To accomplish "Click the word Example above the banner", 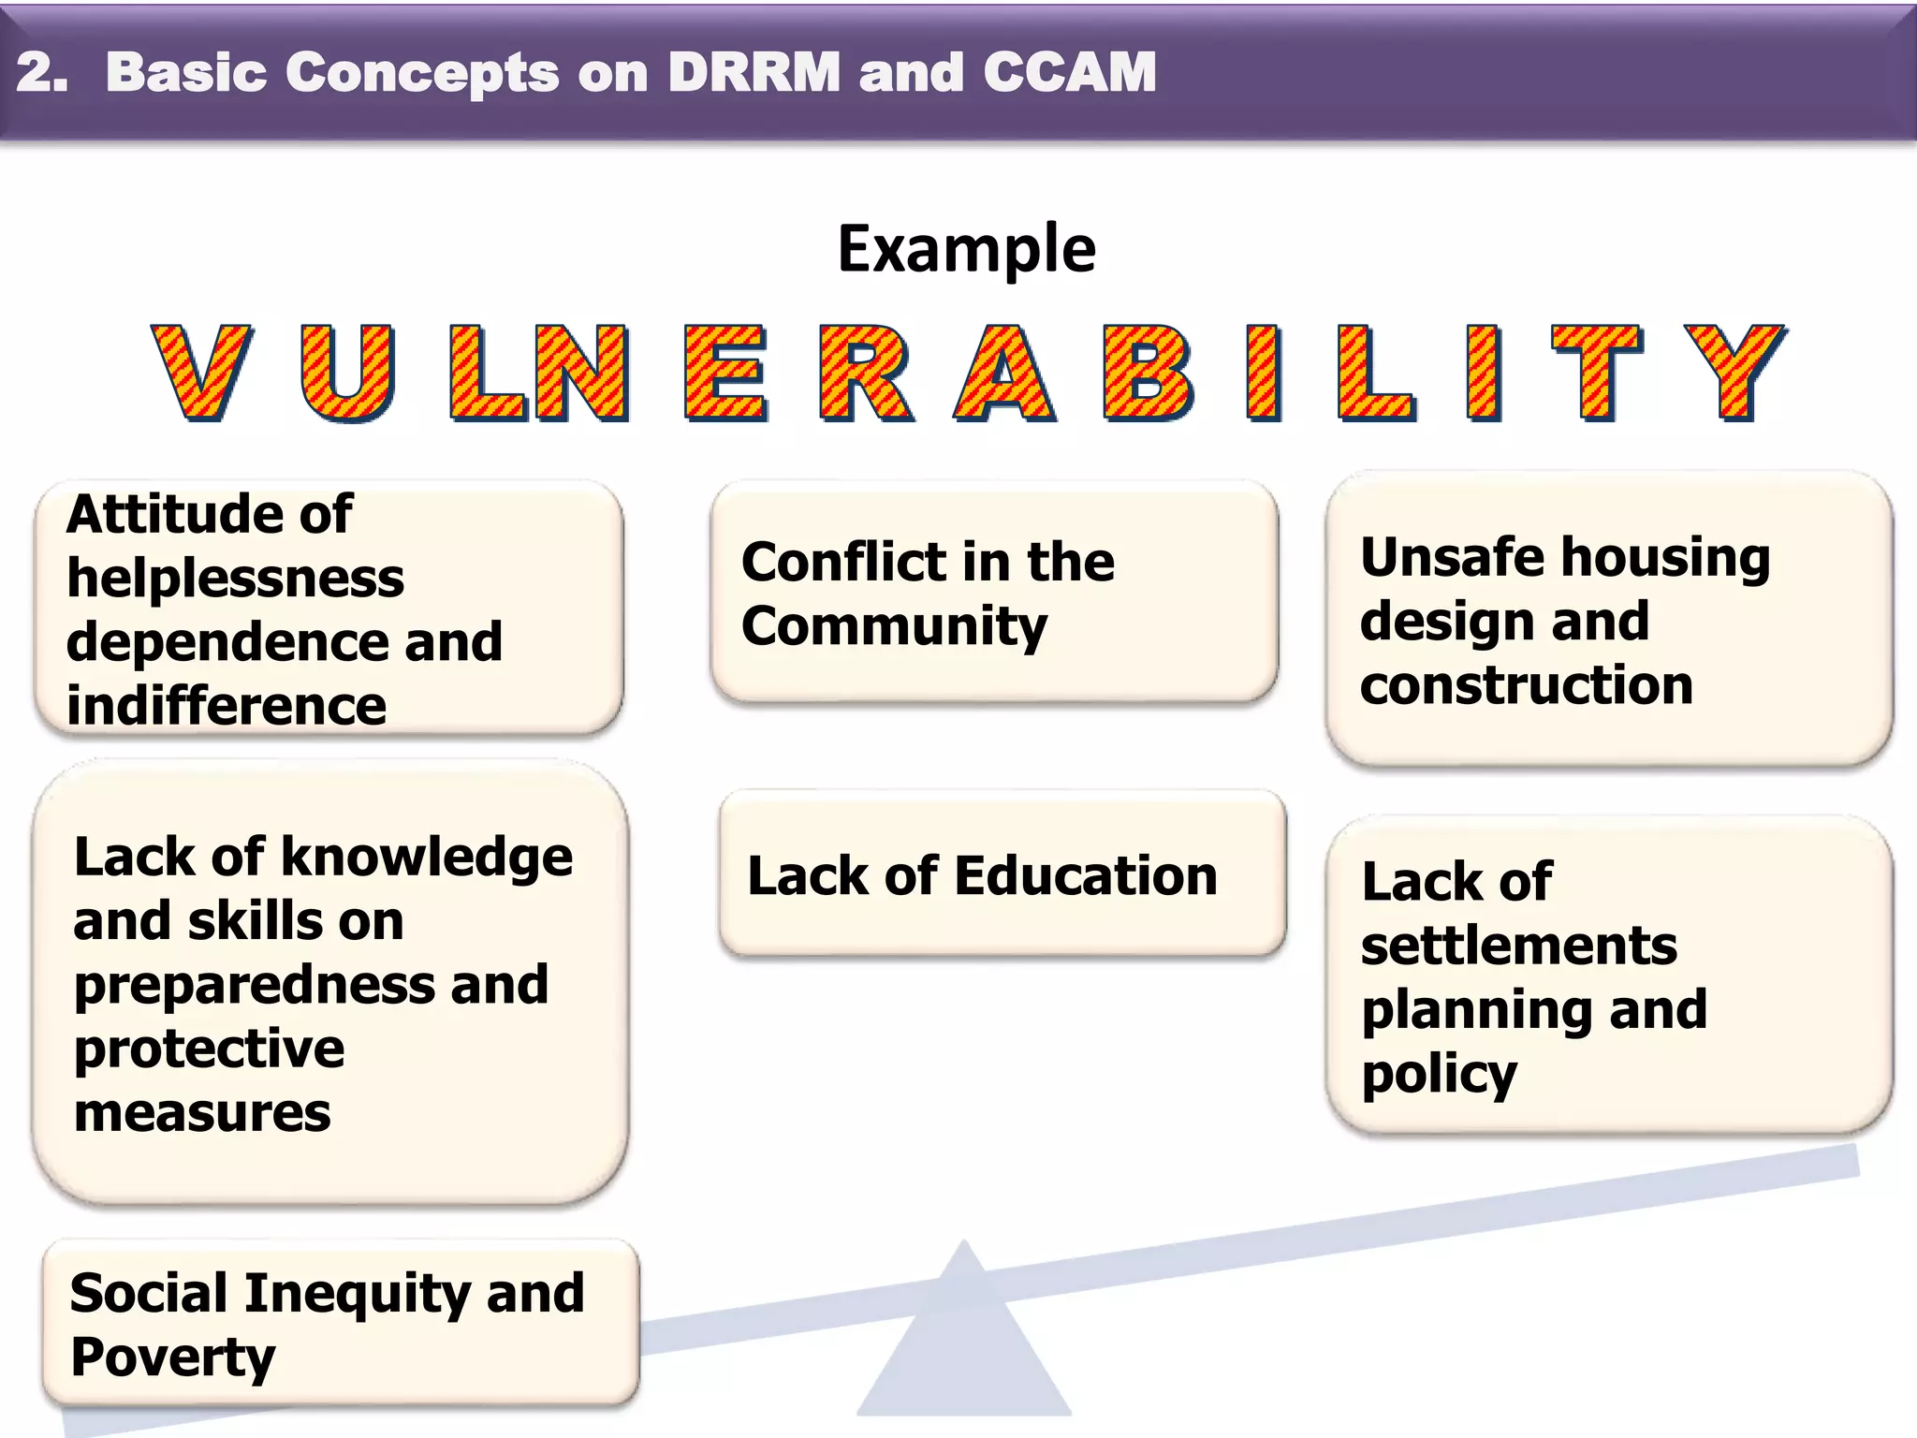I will pyautogui.click(x=966, y=250).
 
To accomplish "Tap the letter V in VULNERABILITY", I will pyautogui.click(x=201, y=372).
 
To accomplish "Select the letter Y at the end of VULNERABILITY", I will pyautogui.click(x=1734, y=372).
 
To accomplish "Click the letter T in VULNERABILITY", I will pyautogui.click(x=1597, y=372).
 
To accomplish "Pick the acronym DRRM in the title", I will pyautogui.click(x=754, y=72).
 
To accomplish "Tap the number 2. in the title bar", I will pyautogui.click(x=42, y=72).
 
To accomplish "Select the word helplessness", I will pyautogui.click(x=235, y=578).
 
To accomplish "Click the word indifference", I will pyautogui.click(x=227, y=705).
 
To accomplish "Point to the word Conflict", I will pyautogui.click(x=842, y=562).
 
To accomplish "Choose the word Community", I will pyautogui.click(x=894, y=626).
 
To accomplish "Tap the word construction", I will pyautogui.click(x=1527, y=684).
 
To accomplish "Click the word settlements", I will pyautogui.click(x=1519, y=946).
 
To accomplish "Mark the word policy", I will pyautogui.click(x=1439, y=1075).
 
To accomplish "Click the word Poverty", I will pyautogui.click(x=172, y=1357).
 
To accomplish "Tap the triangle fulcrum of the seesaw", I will pyautogui.click(x=964, y=1348).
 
